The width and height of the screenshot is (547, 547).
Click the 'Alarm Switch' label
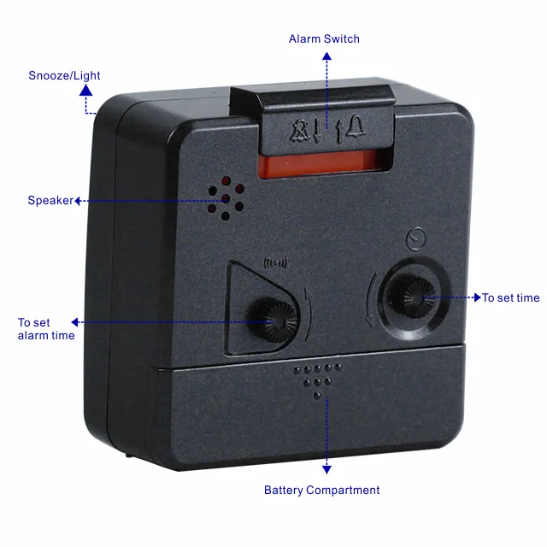324,38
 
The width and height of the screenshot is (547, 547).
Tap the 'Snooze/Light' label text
64,75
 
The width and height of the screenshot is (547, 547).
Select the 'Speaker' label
50,201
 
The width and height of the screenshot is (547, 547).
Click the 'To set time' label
510,297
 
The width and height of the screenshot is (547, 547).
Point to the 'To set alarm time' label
46,329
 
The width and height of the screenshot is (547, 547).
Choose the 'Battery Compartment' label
321,490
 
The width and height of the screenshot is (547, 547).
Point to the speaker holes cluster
225,199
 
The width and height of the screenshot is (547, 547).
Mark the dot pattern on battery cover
317,377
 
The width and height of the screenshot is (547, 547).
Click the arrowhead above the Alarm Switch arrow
326,56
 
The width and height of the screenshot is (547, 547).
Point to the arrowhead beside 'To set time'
476,297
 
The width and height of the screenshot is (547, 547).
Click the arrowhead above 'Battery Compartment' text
326,468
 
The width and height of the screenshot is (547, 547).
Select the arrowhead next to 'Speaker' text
78,201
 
